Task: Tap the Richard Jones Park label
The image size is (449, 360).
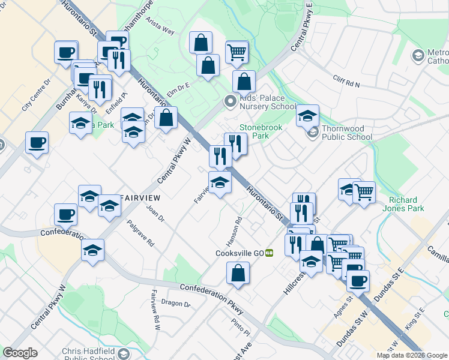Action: [406, 204]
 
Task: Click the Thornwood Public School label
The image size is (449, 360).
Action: [347, 132]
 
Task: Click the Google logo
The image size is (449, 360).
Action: [20, 353]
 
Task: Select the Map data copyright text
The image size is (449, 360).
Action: [412, 355]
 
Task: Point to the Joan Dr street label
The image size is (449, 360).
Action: [155, 214]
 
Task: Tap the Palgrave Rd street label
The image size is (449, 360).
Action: [141, 233]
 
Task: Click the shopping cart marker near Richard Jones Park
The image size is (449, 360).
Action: [364, 192]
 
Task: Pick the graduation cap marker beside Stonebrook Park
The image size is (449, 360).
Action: [307, 115]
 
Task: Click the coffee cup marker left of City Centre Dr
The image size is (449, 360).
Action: [37, 143]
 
